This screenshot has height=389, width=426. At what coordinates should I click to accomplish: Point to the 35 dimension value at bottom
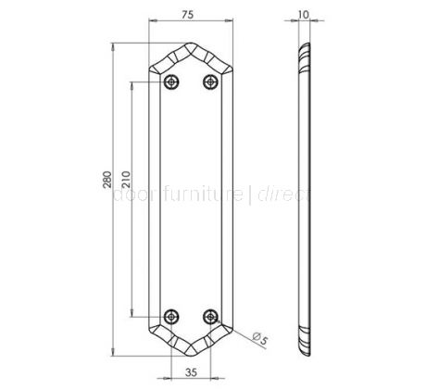coord(191,372)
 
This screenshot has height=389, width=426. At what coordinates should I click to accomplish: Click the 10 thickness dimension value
coord(307,16)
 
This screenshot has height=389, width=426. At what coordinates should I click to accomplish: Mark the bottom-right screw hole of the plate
coord(211,316)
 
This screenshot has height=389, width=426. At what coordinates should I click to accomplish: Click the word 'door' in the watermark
coord(132,195)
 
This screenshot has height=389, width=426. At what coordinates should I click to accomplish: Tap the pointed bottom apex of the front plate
coord(191,356)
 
